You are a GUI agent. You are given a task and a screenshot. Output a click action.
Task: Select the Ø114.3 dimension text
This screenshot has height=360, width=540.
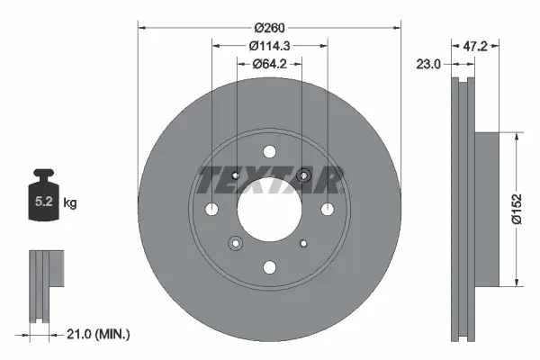268,45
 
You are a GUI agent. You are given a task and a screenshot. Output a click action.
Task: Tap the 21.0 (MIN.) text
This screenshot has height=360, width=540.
99,334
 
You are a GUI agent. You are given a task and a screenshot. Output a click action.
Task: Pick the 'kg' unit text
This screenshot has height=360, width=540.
70,203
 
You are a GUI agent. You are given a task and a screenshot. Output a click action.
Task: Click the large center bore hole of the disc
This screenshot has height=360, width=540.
269,209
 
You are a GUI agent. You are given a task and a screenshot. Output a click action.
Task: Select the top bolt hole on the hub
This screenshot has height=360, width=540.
269,152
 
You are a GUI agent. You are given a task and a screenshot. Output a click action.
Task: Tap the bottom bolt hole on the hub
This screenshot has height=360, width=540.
269,266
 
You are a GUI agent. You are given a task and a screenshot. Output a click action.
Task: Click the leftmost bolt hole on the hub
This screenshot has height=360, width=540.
212,209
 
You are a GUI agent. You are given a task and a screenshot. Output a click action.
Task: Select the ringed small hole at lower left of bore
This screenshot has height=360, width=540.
236,242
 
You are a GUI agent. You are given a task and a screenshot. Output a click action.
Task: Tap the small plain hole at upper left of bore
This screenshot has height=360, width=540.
235,175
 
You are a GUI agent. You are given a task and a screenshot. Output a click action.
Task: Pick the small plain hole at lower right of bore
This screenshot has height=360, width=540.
303,242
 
